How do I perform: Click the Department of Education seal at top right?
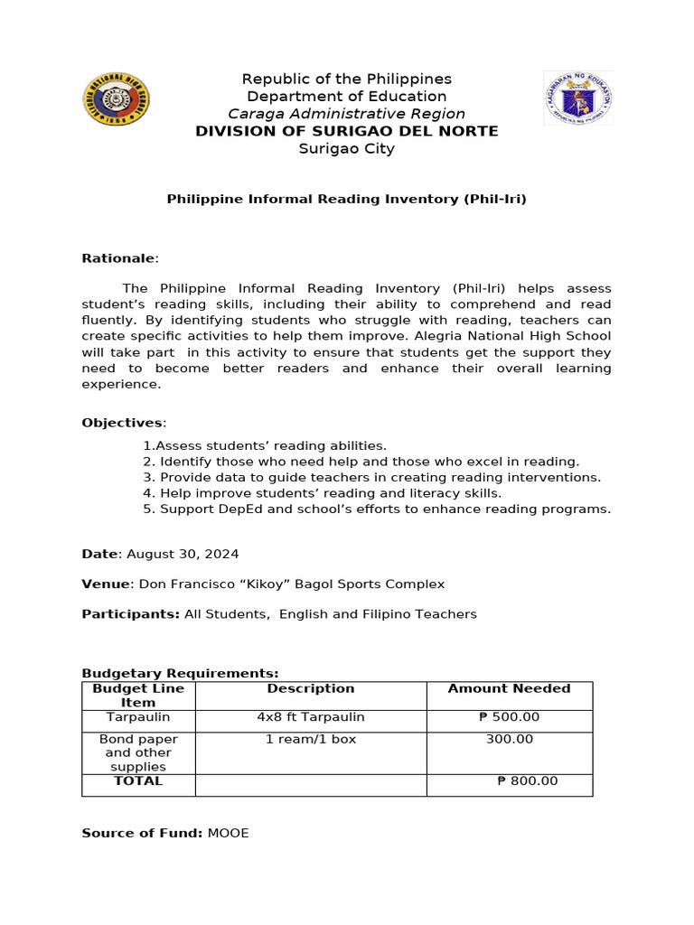click(577, 98)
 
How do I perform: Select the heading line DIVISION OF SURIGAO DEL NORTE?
click(347, 131)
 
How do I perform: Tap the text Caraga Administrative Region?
click(347, 114)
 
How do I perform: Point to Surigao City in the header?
click(347, 149)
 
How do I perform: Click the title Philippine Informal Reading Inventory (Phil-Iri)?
click(347, 199)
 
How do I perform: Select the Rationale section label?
click(118, 258)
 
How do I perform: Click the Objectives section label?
click(123, 423)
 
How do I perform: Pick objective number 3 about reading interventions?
click(371, 477)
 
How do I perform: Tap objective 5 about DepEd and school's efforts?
click(376, 509)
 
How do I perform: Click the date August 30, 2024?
click(183, 554)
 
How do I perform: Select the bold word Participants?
click(131, 614)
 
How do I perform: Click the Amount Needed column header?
click(509, 688)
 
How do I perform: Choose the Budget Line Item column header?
click(138, 695)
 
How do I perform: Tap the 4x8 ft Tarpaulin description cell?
click(311, 717)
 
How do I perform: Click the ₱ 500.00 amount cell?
click(509, 717)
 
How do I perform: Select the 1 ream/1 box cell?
click(311, 739)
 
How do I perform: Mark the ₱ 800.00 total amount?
click(527, 781)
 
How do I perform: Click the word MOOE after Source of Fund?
click(228, 833)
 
